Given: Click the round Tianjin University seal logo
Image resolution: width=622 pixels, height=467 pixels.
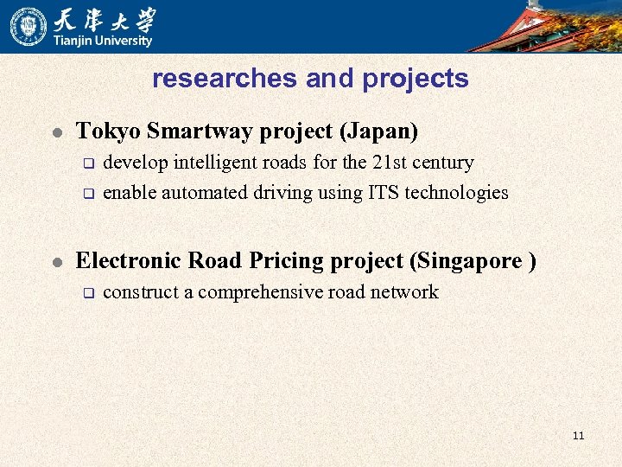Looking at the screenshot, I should [29, 26].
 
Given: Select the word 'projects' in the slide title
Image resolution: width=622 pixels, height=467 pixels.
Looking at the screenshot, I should [416, 79].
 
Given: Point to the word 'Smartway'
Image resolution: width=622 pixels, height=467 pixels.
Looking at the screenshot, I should [188, 131].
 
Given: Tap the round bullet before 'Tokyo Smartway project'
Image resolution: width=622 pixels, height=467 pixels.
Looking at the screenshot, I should [56, 133].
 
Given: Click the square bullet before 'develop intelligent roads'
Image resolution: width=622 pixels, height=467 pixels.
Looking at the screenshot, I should [86, 163].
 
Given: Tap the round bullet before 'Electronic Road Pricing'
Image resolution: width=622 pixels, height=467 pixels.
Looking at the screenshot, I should [56, 262].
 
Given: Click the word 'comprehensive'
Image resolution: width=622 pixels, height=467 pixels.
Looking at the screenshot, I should [261, 292].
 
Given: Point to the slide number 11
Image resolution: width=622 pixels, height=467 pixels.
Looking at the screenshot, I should [578, 435].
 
